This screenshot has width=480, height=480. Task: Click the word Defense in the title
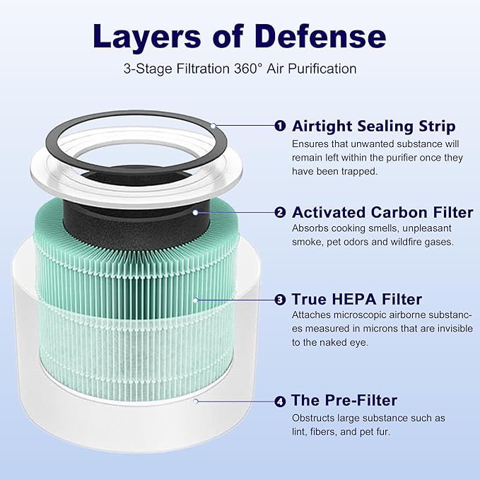(x=315, y=36)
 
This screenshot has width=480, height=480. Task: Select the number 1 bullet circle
(x=280, y=126)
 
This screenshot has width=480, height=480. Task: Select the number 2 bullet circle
(x=280, y=212)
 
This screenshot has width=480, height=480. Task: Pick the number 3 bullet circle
(x=280, y=300)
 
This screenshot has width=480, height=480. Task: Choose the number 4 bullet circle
(x=280, y=401)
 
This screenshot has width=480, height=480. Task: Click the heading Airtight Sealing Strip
(x=374, y=126)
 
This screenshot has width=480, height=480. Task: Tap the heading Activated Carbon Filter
(x=382, y=212)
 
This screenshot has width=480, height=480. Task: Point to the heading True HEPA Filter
(x=357, y=300)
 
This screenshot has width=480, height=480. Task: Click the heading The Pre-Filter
(x=345, y=401)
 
